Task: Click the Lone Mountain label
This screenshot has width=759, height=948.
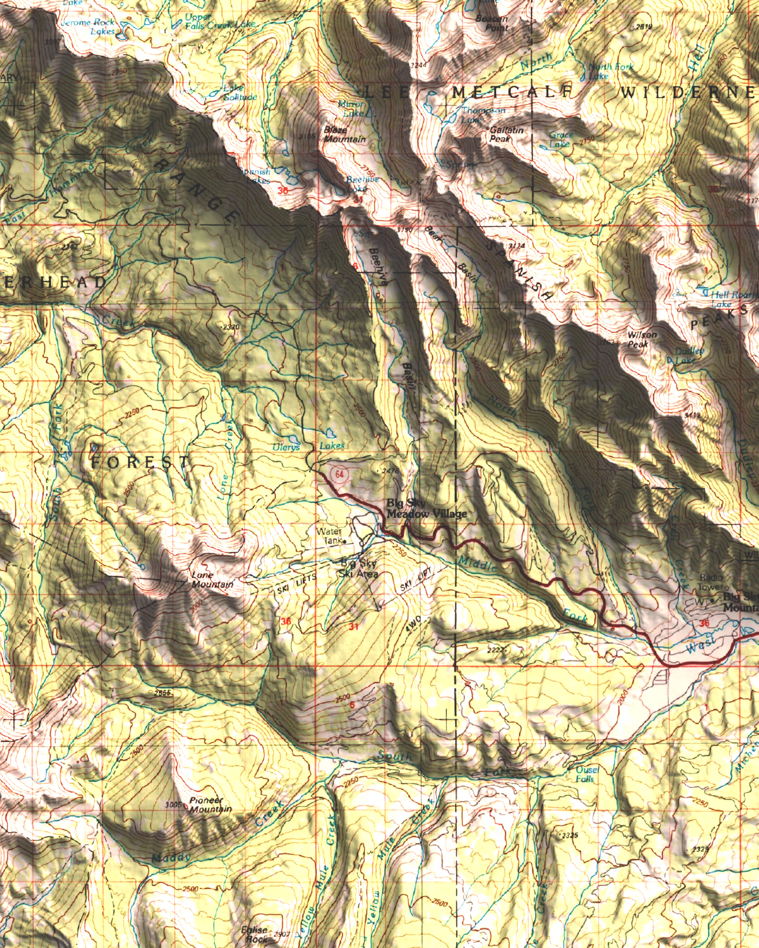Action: (x=212, y=580)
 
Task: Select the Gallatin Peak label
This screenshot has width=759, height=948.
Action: (x=505, y=134)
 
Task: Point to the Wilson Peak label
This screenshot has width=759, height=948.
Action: (x=641, y=339)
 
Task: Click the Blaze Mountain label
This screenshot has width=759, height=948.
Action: (x=344, y=135)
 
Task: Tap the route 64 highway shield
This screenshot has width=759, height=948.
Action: (x=339, y=475)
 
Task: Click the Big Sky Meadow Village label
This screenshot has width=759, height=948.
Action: (x=426, y=509)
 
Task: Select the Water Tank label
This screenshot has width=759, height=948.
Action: (x=329, y=536)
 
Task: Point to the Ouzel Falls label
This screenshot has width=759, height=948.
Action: (x=586, y=774)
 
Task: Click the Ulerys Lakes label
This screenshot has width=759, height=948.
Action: (x=308, y=446)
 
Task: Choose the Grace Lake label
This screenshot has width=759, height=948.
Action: (x=560, y=139)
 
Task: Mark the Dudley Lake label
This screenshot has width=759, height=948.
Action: (x=688, y=355)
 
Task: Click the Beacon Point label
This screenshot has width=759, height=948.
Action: (x=492, y=23)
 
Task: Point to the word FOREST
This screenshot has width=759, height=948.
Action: (x=140, y=462)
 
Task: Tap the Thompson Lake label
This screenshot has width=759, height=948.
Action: (x=482, y=114)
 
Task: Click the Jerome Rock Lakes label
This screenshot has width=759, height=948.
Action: (x=88, y=27)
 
